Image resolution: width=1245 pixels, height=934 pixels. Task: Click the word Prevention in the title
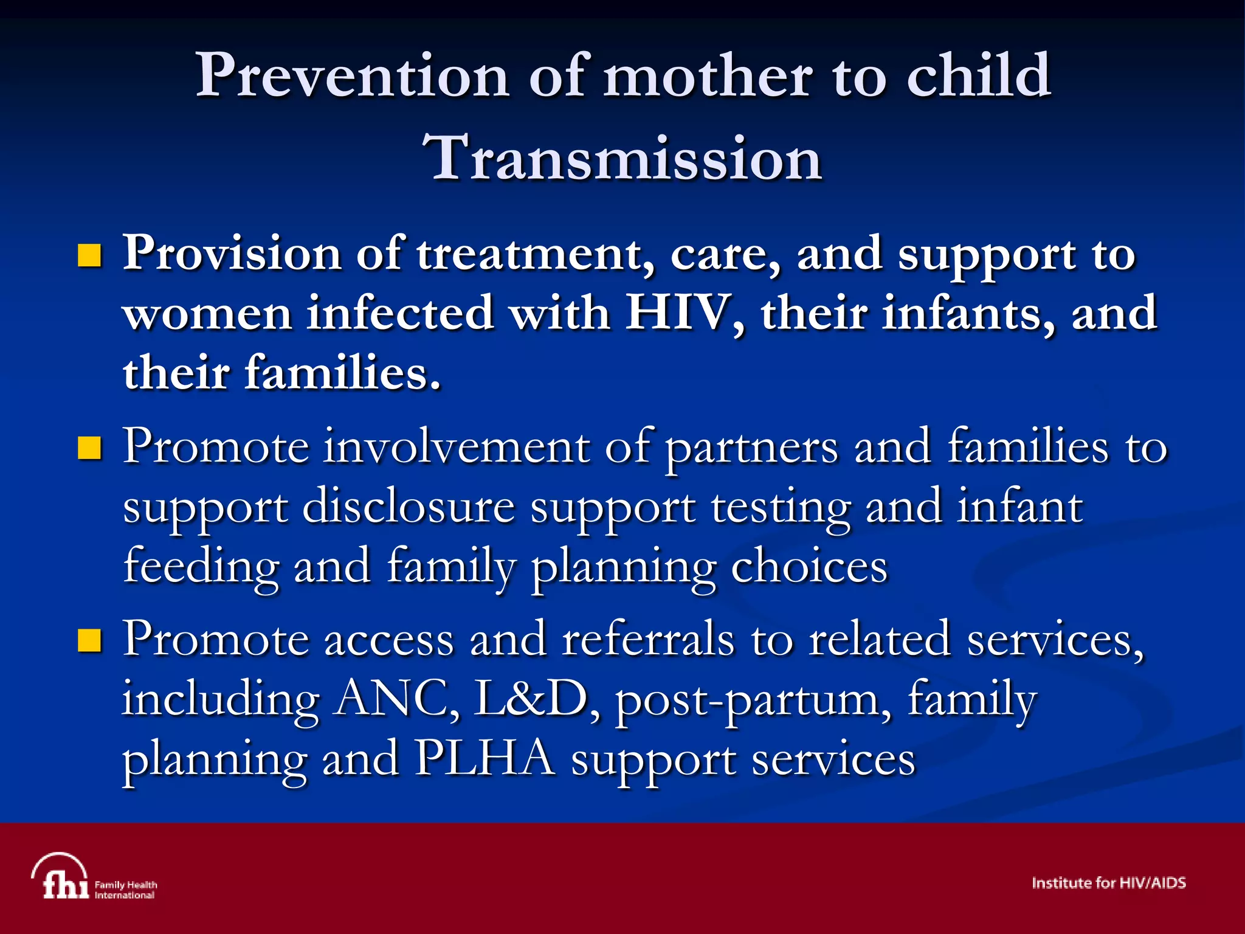click(x=351, y=76)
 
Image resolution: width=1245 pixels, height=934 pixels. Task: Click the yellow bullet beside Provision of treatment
click(x=89, y=256)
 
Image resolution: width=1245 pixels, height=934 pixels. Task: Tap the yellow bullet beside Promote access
click(x=89, y=640)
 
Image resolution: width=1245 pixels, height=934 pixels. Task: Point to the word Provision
click(x=232, y=254)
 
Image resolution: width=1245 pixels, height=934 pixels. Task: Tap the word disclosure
click(x=408, y=507)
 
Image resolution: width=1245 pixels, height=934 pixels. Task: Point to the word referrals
click(x=648, y=640)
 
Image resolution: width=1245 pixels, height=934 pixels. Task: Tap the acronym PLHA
click(x=485, y=759)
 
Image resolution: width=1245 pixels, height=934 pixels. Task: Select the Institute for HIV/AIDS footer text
click(x=1108, y=883)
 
